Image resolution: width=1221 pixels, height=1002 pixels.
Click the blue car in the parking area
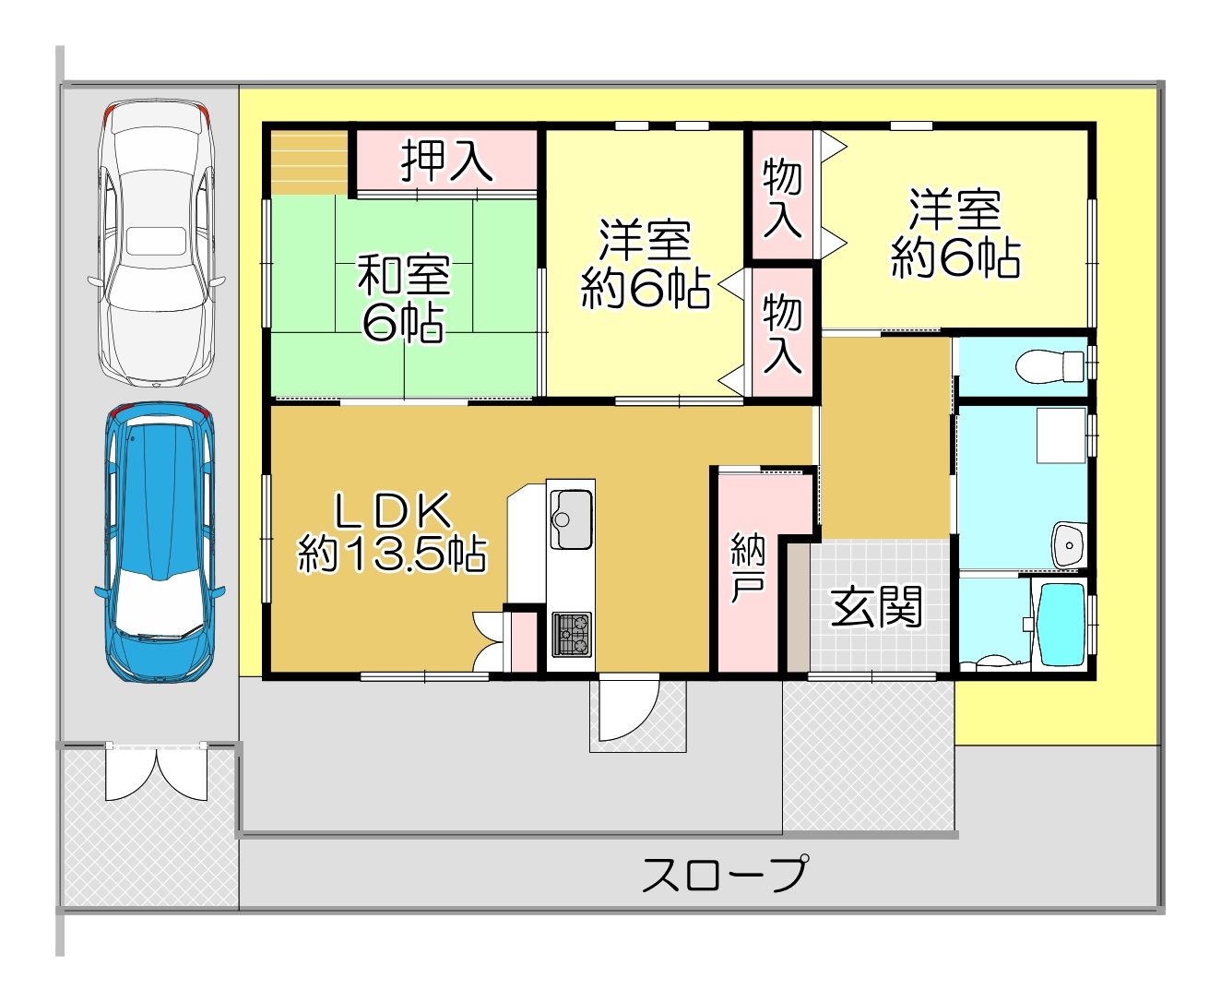160,543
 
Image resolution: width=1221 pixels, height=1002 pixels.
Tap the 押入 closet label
446,161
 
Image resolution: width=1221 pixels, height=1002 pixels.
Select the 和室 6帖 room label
404,298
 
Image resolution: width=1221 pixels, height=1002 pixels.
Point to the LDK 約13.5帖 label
392,532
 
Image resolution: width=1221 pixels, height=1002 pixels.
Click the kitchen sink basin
570,519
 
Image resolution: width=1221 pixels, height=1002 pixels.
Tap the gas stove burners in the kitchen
572,634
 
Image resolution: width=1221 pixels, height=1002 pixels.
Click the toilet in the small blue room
1049,365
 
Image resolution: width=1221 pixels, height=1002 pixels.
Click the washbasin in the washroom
1069,545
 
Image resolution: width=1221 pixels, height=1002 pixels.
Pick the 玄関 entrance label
876,606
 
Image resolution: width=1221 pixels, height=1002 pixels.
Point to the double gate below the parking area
157,772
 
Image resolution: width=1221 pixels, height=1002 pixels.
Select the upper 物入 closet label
782,199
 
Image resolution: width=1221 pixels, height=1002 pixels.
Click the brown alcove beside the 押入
309,162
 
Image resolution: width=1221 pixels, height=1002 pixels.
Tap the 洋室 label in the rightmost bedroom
954,209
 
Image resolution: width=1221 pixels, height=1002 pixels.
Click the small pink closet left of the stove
525,642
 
